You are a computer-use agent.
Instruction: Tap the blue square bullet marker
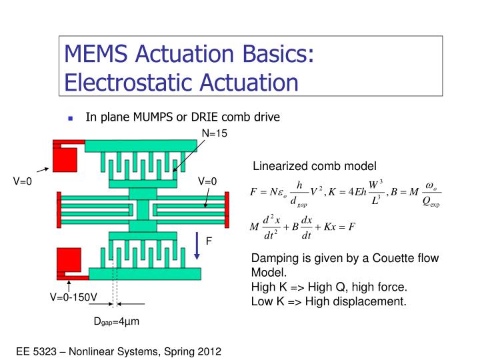click(70, 118)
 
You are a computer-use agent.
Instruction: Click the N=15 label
click(215, 133)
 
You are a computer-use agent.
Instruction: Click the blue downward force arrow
click(198, 246)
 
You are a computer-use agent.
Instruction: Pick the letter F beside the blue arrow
click(209, 241)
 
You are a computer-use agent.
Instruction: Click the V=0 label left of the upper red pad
click(23, 181)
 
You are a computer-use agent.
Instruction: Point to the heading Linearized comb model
click(314, 165)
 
